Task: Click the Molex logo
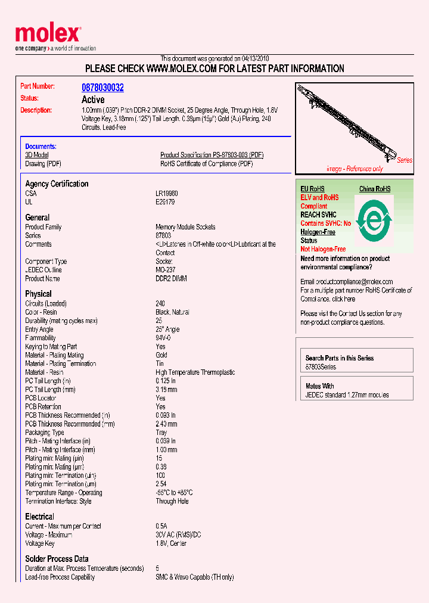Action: [x=48, y=35]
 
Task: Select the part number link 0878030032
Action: [x=102, y=88]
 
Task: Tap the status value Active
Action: [x=93, y=100]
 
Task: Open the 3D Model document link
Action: [x=37, y=155]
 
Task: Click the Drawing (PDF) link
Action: [x=43, y=164]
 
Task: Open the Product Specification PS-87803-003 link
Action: [x=212, y=155]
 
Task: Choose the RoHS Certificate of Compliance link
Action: [x=206, y=164]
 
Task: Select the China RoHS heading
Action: [x=375, y=189]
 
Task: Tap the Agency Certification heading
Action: [x=57, y=184]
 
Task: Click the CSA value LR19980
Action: [x=167, y=194]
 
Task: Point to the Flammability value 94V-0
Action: [x=163, y=338]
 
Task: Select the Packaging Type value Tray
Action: [x=161, y=433]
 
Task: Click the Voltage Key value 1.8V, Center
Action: [x=171, y=543]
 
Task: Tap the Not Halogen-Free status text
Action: [x=323, y=249]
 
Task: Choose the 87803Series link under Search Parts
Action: [x=321, y=367]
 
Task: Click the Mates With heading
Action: [x=320, y=386]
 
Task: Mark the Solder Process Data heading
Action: [x=57, y=559]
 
